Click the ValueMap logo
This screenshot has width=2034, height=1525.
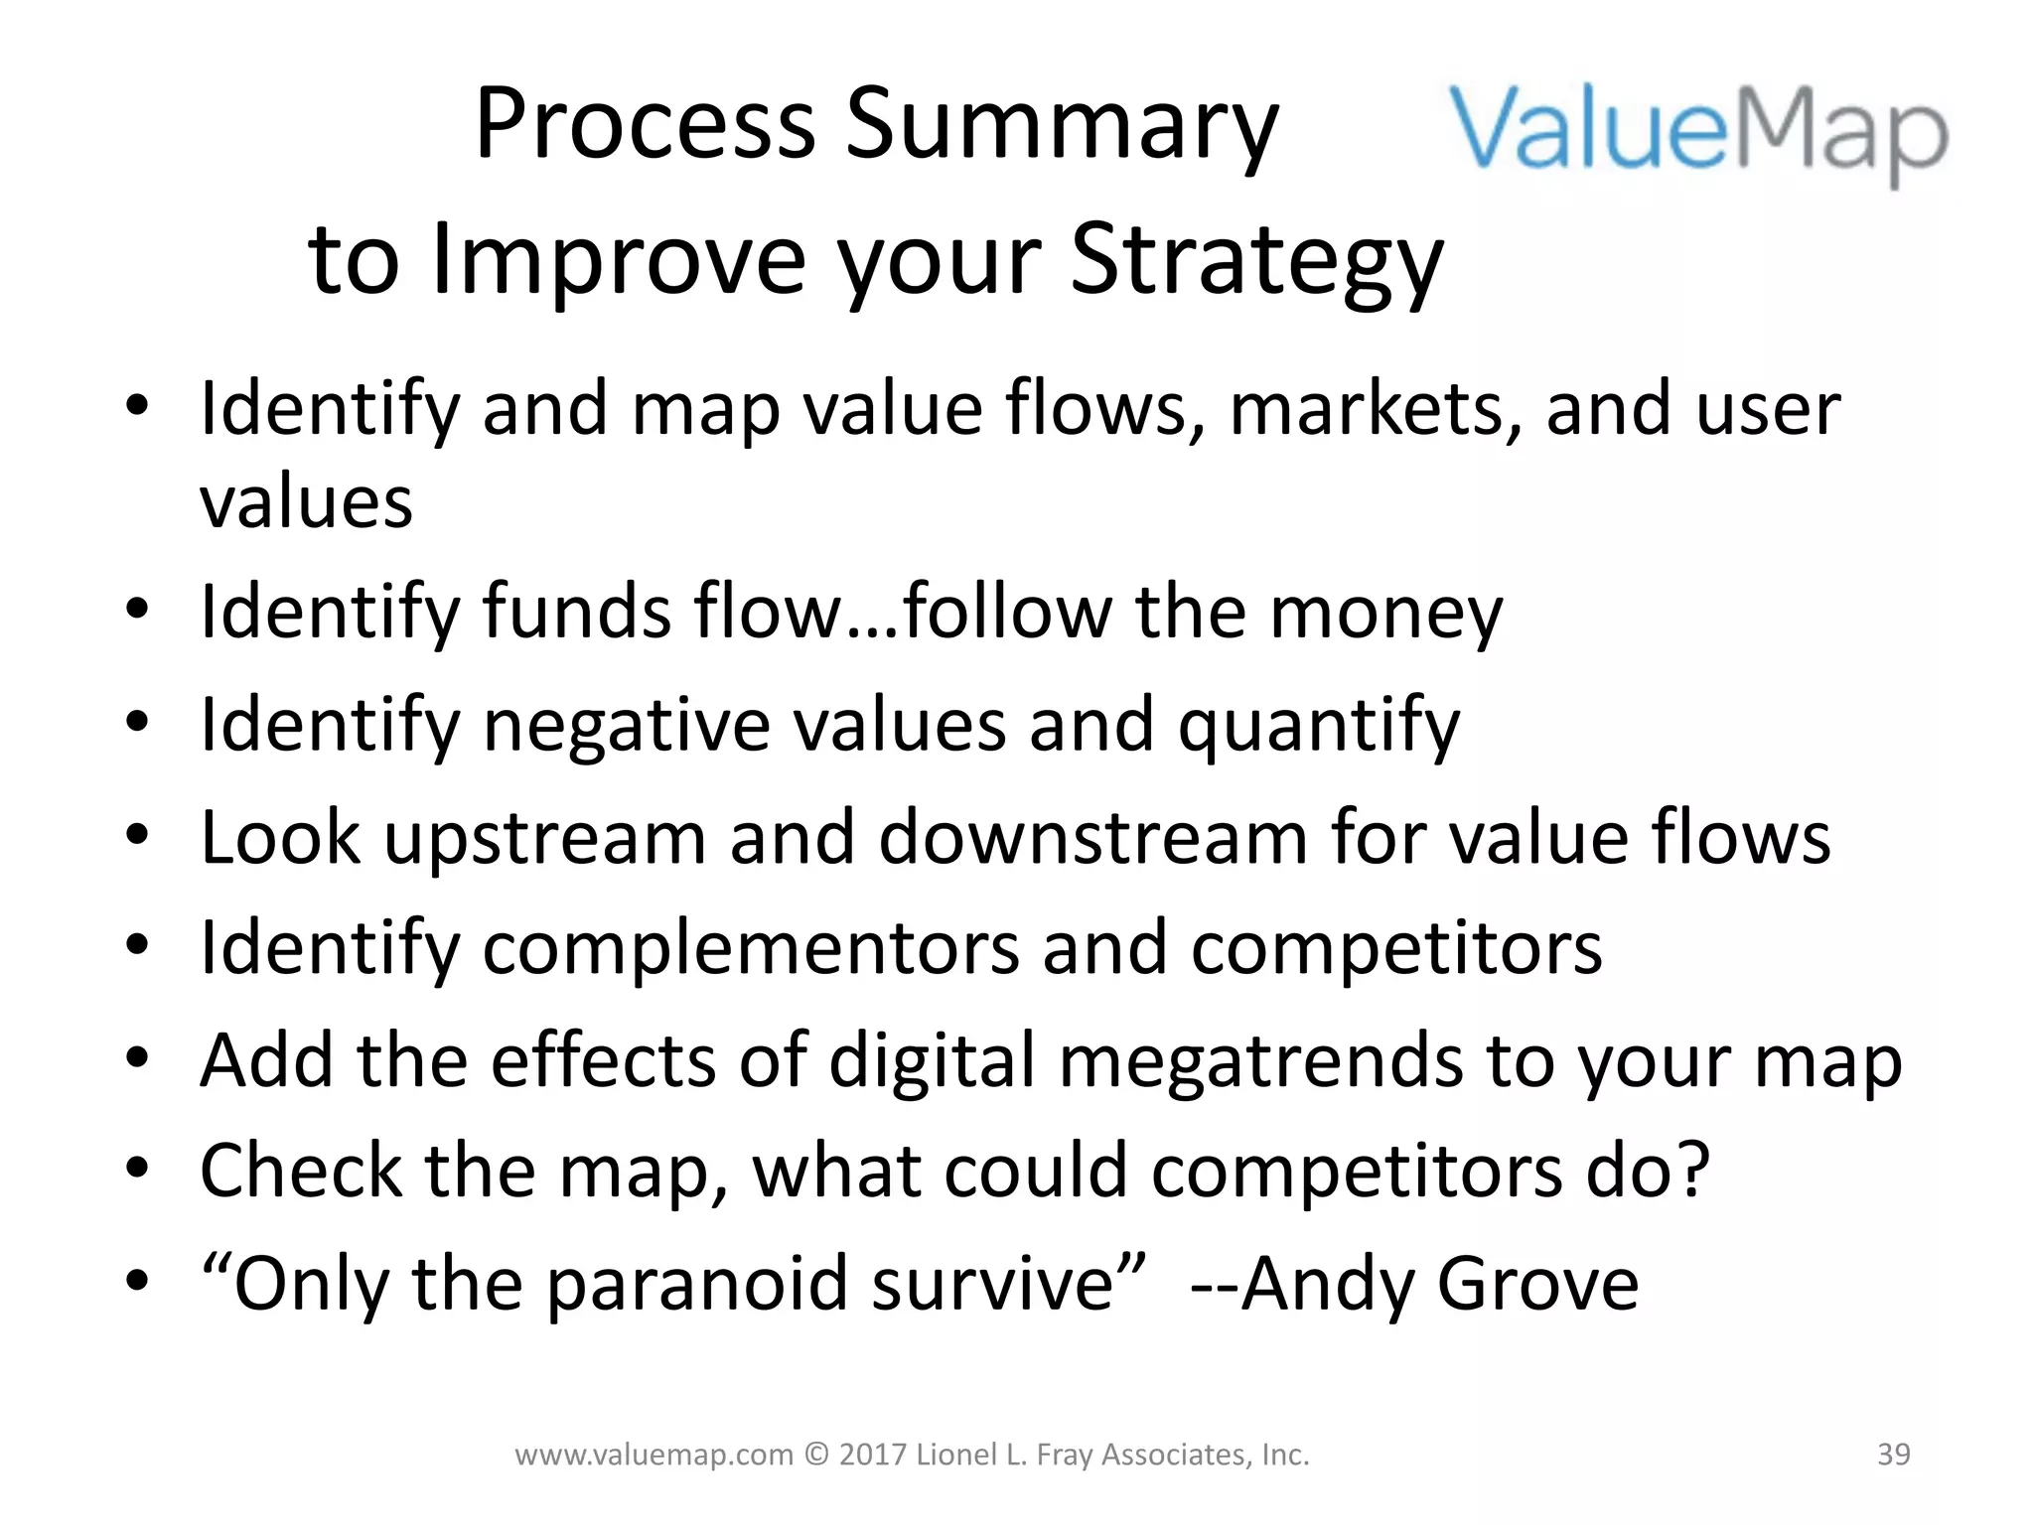tap(1698, 134)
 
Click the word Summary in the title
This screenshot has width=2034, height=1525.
tap(1061, 127)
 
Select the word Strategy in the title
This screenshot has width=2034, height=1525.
tap(1256, 260)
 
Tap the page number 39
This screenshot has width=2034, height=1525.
tap(1894, 1455)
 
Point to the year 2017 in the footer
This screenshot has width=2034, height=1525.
tap(871, 1455)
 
